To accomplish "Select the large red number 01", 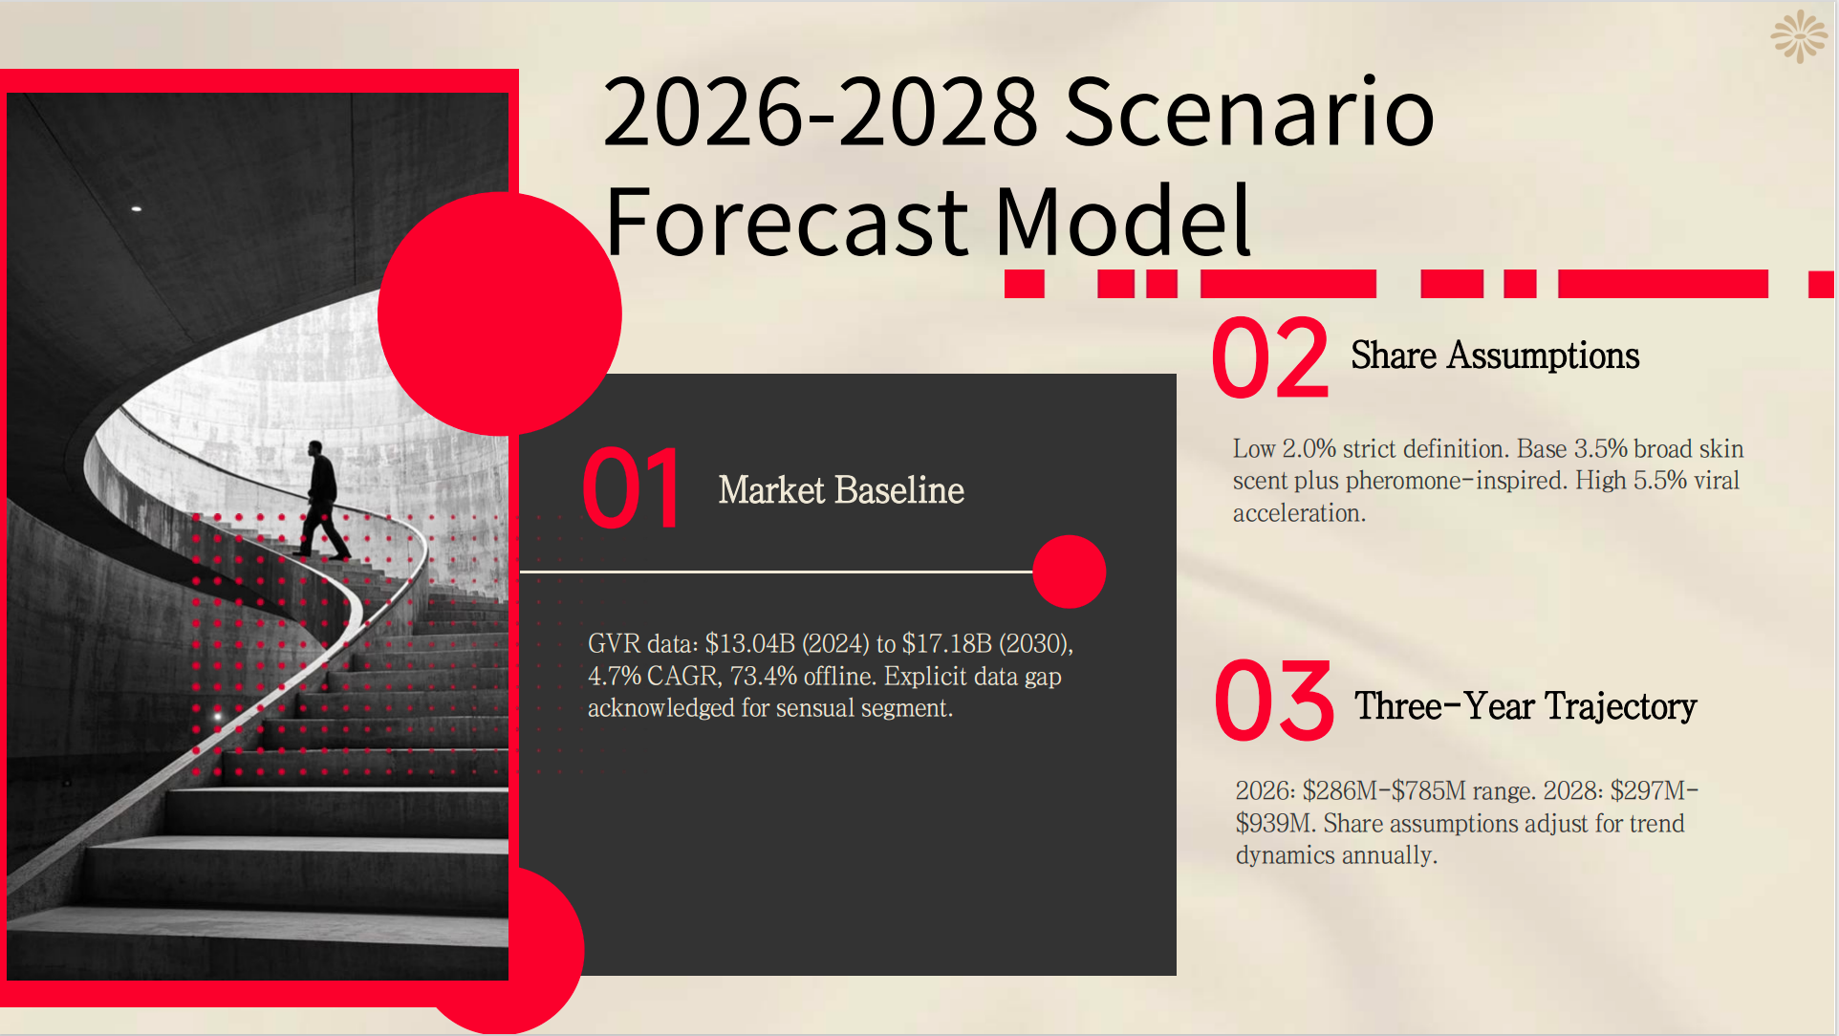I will [631, 488].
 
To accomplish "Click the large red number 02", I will [1269, 358].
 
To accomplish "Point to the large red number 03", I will [1273, 701].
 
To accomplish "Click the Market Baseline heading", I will [840, 490].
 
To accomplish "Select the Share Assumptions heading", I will [1494, 356].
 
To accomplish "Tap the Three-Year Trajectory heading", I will [1525, 706].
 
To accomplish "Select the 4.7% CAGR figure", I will [653, 677].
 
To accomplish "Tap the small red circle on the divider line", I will [1069, 572].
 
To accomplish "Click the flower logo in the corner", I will [1798, 37].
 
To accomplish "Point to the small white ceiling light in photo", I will [137, 207].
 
